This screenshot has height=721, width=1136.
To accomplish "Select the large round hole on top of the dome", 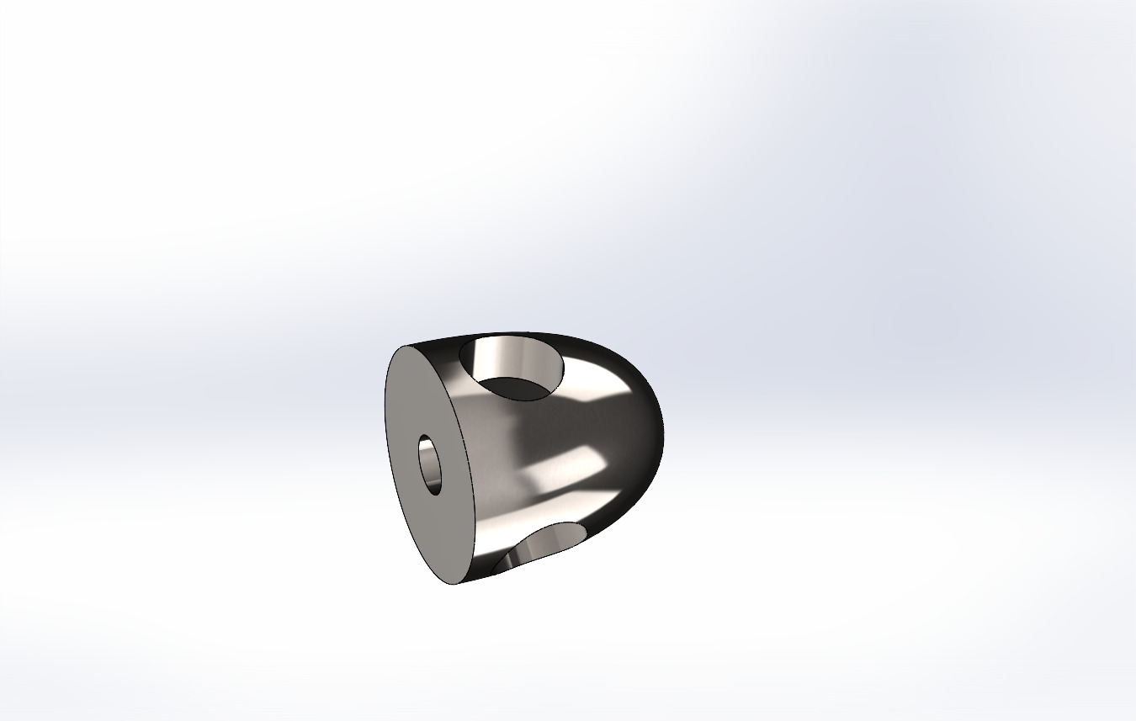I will (512, 368).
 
